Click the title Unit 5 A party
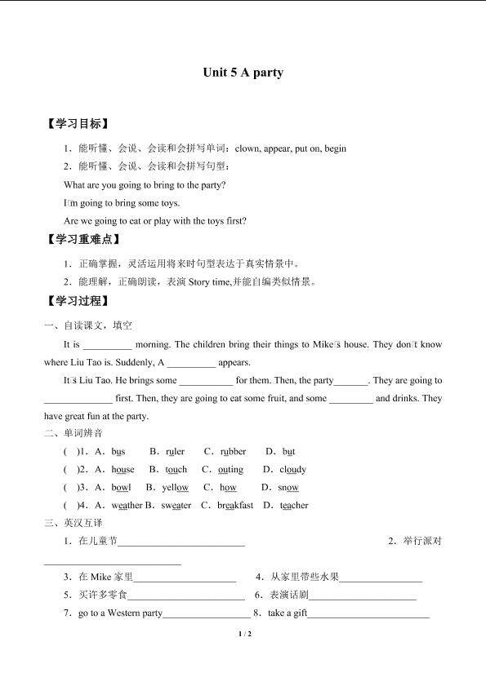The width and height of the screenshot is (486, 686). [243, 73]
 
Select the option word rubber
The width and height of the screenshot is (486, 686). [233, 451]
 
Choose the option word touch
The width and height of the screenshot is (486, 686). [176, 469]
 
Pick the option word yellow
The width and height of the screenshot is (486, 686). [175, 487]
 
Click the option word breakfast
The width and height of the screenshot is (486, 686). [235, 505]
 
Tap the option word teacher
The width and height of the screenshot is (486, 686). [294, 505]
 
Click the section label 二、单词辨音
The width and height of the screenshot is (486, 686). [74, 433]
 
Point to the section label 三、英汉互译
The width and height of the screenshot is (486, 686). [74, 523]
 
